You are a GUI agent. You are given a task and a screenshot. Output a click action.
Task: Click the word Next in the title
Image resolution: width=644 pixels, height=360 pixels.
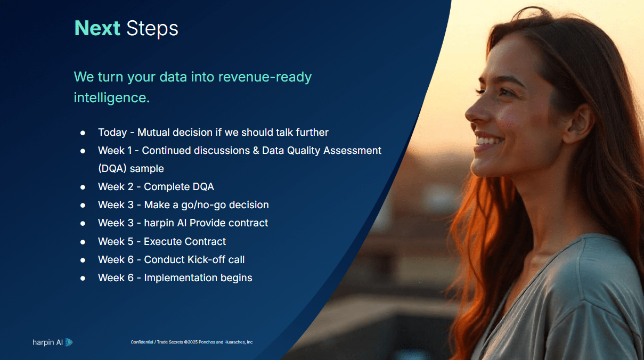tap(97, 28)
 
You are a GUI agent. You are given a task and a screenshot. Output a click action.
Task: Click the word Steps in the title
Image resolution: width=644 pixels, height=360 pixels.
tap(152, 29)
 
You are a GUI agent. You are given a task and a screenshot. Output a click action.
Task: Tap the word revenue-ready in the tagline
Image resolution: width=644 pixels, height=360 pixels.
tap(265, 77)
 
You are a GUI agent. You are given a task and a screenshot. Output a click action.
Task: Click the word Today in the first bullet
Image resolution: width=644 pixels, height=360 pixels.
tap(112, 133)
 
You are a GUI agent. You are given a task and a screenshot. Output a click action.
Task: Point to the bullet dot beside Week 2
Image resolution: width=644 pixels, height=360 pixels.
tap(83, 187)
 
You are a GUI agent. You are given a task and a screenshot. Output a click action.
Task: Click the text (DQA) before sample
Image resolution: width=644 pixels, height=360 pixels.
tap(112, 168)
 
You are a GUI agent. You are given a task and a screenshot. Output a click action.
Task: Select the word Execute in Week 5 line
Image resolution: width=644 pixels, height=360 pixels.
tap(162, 242)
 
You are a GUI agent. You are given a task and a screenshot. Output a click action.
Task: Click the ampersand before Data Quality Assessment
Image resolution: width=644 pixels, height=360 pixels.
tap(256, 151)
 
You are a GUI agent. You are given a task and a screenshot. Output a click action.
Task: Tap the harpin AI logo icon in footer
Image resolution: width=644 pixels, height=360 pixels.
tap(69, 342)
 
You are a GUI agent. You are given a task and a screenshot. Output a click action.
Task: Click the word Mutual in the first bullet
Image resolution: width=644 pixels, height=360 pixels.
tap(153, 133)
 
